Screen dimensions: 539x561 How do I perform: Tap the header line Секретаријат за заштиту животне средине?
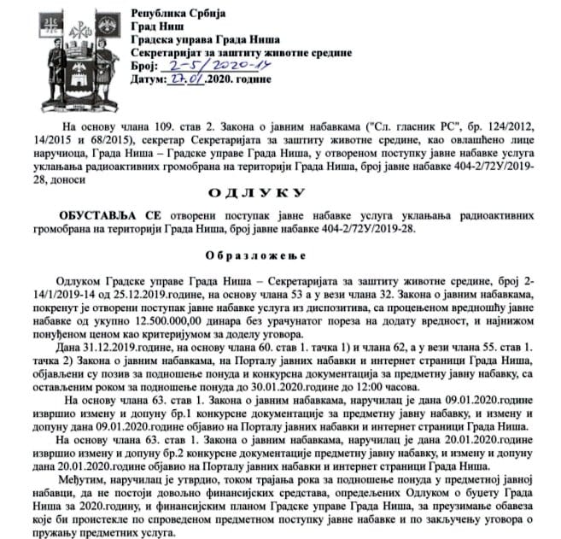click(x=242, y=52)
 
